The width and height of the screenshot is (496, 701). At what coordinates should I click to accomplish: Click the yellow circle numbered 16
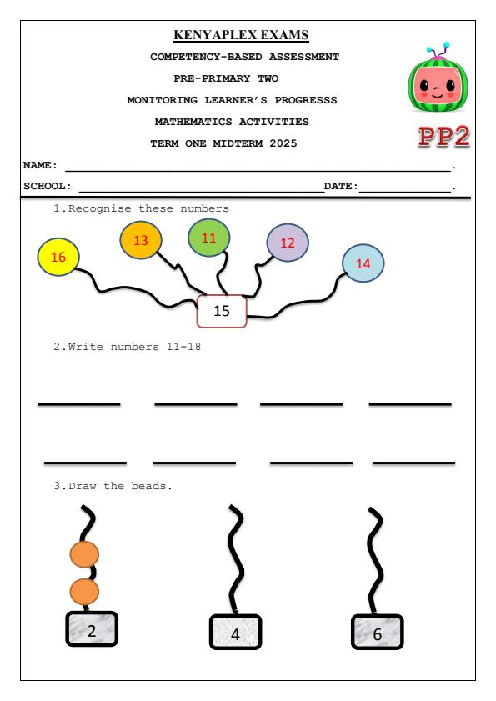[58, 258]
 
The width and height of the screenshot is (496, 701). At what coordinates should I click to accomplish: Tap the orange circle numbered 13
[141, 240]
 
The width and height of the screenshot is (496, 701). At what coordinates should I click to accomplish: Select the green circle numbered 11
[209, 238]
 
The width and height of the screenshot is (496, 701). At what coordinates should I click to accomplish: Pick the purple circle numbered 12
[288, 243]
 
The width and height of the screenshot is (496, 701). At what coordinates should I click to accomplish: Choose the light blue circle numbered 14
[363, 263]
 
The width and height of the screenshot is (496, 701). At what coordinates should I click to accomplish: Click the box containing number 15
[222, 311]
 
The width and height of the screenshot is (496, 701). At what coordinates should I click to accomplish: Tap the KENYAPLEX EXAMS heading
[241, 36]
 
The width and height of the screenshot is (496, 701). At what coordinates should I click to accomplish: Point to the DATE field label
[339, 186]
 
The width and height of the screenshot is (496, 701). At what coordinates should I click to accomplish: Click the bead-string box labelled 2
[93, 630]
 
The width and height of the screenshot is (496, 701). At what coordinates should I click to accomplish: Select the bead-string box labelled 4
[236, 633]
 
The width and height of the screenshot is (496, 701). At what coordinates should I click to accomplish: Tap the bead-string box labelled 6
[378, 633]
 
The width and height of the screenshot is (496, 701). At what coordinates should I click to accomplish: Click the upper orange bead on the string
[83, 553]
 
